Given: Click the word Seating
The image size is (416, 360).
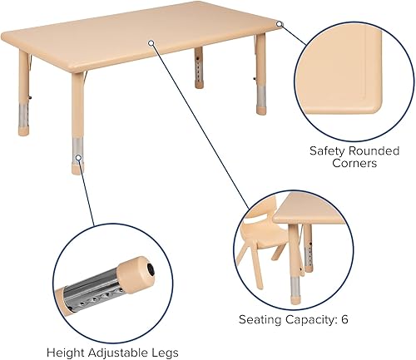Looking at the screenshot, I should (260, 318).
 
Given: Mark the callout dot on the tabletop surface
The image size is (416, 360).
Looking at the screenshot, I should (151, 42).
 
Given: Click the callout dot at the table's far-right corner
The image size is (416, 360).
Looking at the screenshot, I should (280, 24).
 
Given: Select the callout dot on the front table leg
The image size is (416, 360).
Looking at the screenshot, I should (77, 156).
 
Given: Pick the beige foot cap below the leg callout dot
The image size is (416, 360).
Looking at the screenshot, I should (77, 166).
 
